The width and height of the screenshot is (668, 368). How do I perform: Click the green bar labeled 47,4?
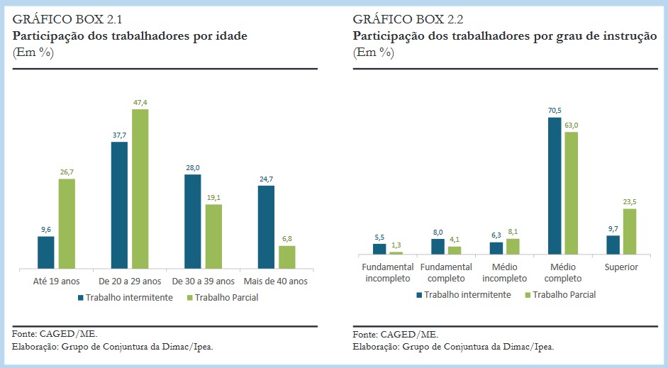coord(140,189)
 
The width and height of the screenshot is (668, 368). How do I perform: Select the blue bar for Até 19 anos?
coord(46,252)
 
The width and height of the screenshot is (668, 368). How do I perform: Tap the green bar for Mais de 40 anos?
coord(287,257)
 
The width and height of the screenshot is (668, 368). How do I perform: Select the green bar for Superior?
coord(630,231)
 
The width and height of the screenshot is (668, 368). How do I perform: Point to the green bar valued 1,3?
coord(396,252)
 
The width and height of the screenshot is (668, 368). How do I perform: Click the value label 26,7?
coord(66,171)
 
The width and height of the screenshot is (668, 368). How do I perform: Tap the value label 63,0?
coord(572,125)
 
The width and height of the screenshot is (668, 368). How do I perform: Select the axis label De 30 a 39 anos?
coord(202,281)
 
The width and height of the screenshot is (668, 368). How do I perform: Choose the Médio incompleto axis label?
coord(505,272)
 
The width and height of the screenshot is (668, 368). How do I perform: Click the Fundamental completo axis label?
coord(446,272)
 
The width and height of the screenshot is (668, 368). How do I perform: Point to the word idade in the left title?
coord(232,35)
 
